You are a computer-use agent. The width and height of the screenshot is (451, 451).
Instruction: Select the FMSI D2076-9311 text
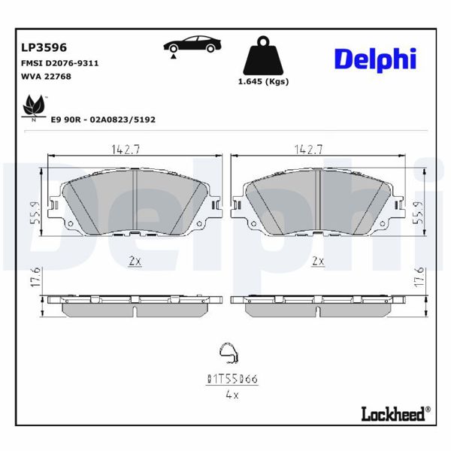pos(59,63)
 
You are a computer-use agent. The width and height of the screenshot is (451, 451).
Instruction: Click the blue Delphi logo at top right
pos(374,59)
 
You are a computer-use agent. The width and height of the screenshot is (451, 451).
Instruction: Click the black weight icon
pos(263,55)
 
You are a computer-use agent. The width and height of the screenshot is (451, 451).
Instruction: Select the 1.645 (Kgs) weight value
pos(263,81)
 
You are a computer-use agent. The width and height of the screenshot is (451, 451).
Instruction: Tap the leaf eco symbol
pos(34,107)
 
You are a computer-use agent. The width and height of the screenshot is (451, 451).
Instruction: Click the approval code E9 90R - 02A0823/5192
pos(103,119)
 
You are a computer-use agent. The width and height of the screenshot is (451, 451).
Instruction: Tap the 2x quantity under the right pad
pos(318,261)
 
